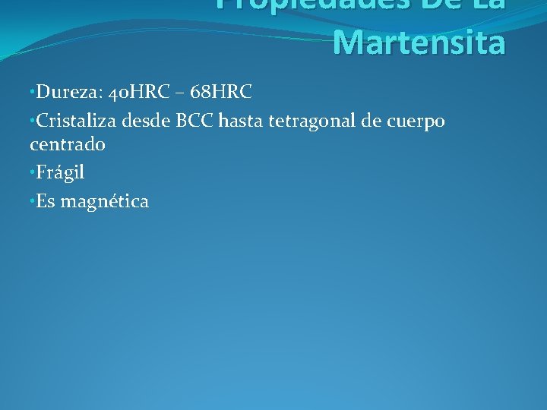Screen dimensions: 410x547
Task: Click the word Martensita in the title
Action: [419, 43]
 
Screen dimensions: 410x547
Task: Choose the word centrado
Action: [67, 143]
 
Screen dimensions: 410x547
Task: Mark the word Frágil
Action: [60, 173]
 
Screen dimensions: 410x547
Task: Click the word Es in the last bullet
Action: [46, 201]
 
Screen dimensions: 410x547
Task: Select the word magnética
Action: [104, 201]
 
